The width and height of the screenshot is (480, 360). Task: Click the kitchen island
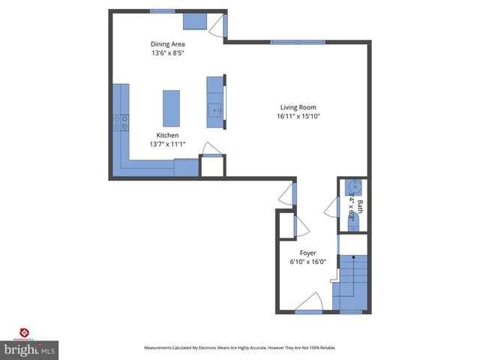click(171, 109)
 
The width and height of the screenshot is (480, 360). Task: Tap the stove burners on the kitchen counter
click(121, 122)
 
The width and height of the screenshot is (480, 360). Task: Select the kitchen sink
click(215, 112)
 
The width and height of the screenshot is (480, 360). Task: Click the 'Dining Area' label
click(167, 44)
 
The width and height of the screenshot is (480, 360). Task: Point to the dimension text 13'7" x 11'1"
click(167, 144)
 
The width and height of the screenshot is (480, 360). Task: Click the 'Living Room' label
click(298, 106)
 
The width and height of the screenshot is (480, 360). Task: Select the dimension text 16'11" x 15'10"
click(298, 116)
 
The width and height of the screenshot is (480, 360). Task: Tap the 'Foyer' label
click(308, 253)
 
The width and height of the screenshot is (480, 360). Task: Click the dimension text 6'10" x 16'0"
click(308, 262)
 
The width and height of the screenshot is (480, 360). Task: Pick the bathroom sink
click(353, 187)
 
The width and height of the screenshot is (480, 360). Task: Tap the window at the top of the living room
click(298, 42)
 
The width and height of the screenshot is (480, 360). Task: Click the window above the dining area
click(163, 10)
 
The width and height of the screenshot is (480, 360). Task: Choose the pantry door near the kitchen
click(211, 150)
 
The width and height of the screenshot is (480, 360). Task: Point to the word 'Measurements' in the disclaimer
click(161, 348)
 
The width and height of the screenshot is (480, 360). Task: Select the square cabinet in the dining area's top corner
click(196, 21)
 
